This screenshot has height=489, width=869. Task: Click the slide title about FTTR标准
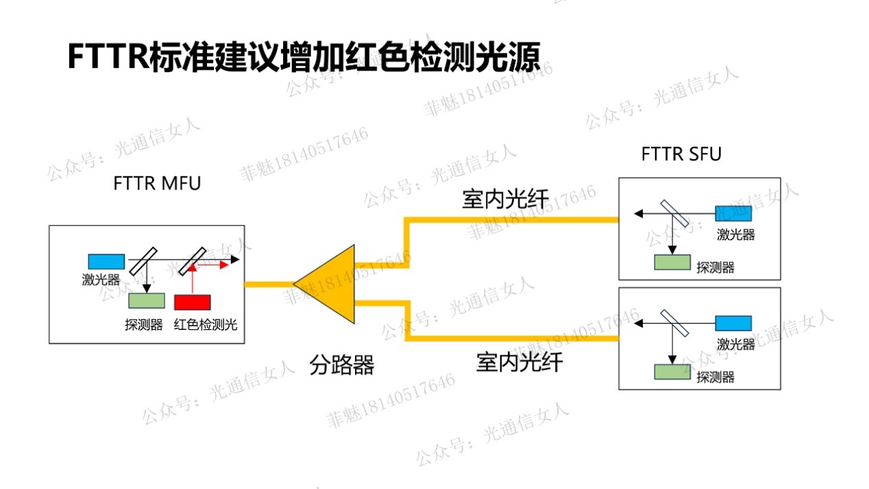pos(304,57)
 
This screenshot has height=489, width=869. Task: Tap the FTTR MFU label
pos(157,183)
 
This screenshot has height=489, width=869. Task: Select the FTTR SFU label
pos(681,154)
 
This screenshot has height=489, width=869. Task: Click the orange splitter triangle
pos(330,284)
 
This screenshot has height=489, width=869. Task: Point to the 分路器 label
pos(341,365)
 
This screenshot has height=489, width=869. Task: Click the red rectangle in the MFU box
pos(193,302)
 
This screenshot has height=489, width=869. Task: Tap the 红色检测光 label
pos(206,324)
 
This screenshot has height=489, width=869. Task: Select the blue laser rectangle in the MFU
pos(106,261)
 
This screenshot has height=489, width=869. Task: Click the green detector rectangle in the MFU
pos(147,301)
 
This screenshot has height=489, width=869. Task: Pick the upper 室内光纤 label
pos(505,199)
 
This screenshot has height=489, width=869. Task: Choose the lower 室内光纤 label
pos(519,362)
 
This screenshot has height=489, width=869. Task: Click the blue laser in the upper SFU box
pos(733,213)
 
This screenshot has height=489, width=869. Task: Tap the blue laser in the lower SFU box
pos(733,323)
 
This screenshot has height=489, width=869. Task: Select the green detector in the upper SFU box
pos(672,263)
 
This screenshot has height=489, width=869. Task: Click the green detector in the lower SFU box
pos(672,372)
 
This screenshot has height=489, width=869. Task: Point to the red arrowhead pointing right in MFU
pos(224,265)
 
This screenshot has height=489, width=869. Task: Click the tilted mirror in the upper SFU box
pos(674,213)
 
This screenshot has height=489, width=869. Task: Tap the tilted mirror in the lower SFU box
pos(674,323)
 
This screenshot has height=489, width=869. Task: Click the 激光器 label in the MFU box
pos(101,279)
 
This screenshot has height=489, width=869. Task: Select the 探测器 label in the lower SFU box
pos(715,377)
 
